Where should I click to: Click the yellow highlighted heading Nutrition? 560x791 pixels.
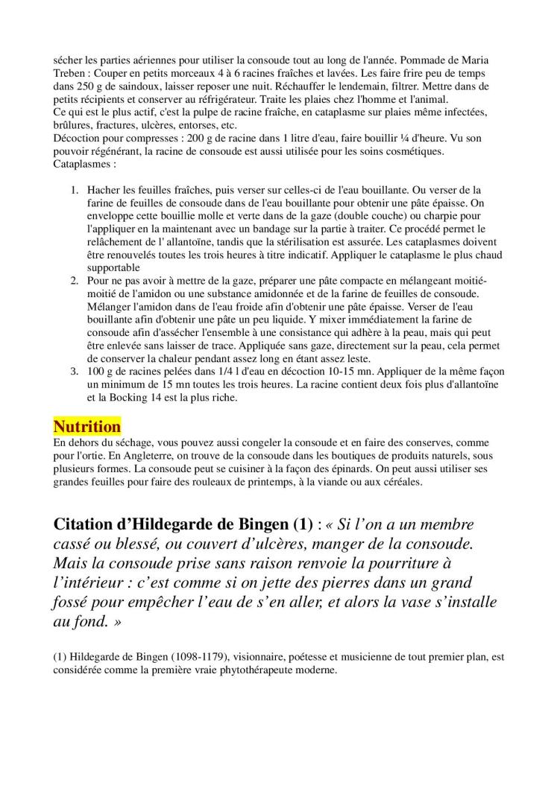86,427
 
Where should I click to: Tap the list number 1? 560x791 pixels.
75,190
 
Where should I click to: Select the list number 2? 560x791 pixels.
75,281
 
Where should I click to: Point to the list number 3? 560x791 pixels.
75,372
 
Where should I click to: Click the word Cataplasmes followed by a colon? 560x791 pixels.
84,164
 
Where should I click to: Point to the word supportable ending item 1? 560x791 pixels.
113,267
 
